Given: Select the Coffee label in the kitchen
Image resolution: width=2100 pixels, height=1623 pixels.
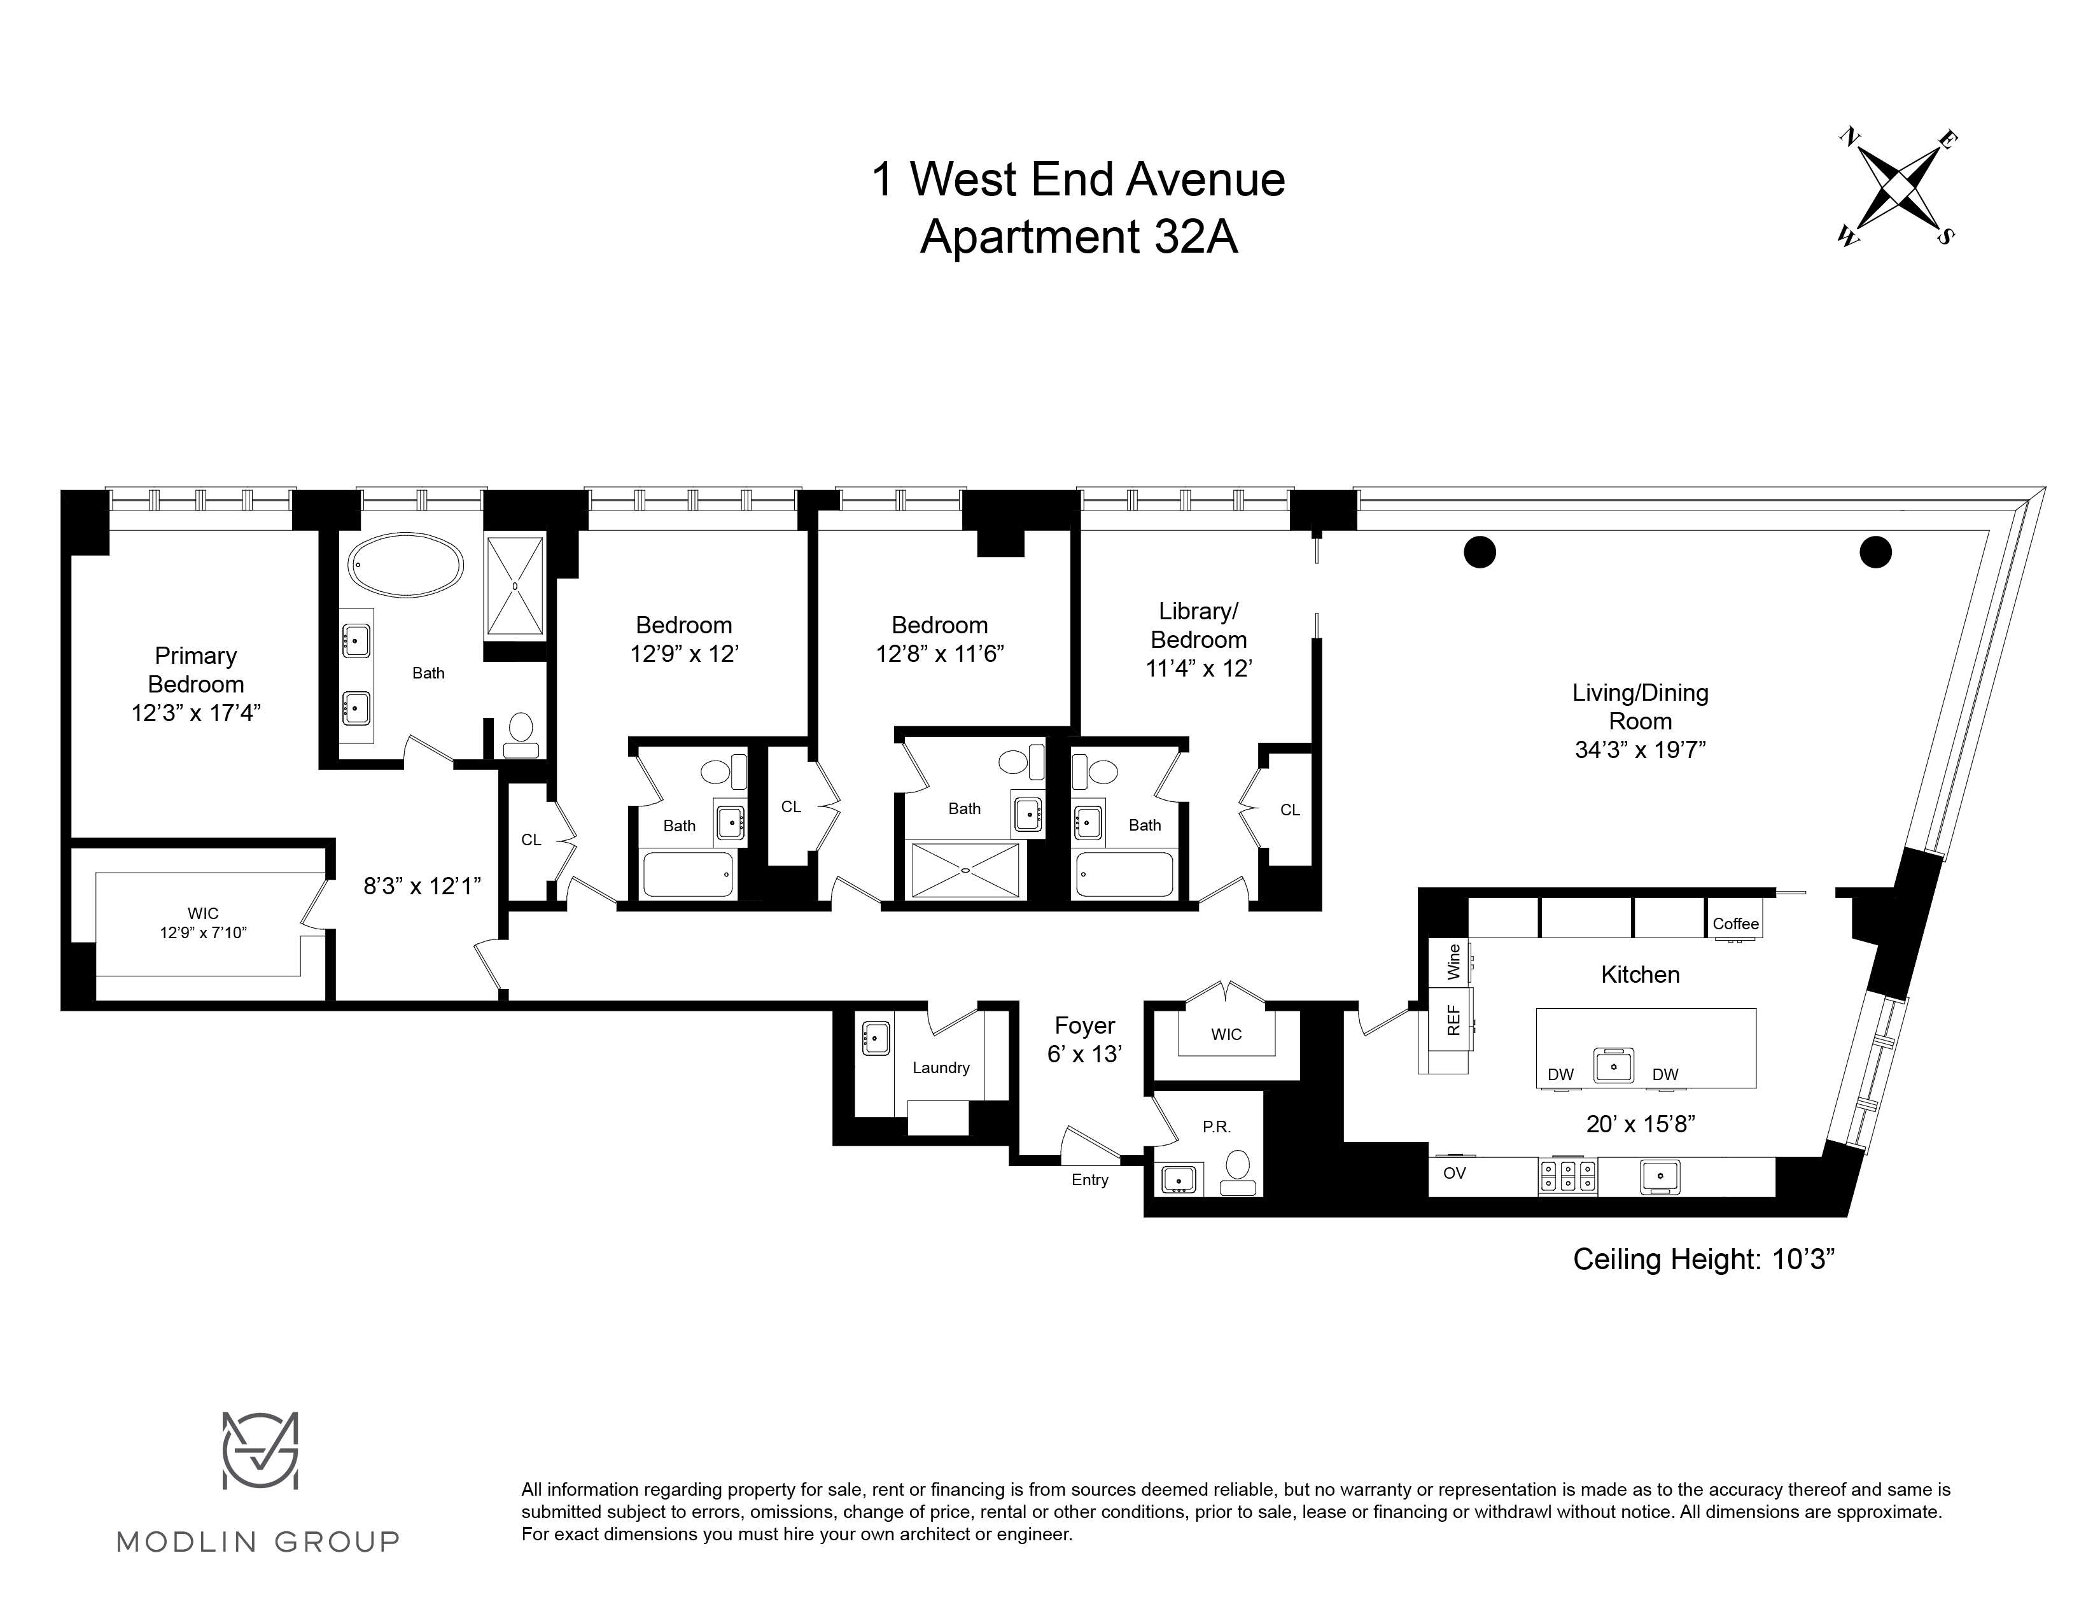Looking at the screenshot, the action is pos(1735,924).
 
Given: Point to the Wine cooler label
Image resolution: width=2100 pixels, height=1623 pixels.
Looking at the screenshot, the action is pos(1453,962).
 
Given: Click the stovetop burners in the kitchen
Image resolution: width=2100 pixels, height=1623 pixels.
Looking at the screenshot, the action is pos(1567,1175).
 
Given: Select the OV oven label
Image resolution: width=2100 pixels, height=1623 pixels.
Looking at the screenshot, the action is pos(1454,1173).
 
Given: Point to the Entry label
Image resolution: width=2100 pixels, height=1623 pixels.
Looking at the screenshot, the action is pos(1089,1180).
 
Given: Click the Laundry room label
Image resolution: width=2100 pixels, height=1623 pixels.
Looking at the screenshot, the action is pos(941,1067).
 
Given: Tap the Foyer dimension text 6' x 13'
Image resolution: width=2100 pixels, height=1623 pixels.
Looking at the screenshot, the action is pos(1084,1054).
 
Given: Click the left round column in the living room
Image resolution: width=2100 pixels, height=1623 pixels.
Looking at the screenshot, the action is pos(1480,552).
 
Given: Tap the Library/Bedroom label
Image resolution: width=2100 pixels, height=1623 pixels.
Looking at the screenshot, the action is pos(1198,625).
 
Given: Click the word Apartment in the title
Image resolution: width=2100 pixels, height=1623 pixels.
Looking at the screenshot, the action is pos(1030,237).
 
